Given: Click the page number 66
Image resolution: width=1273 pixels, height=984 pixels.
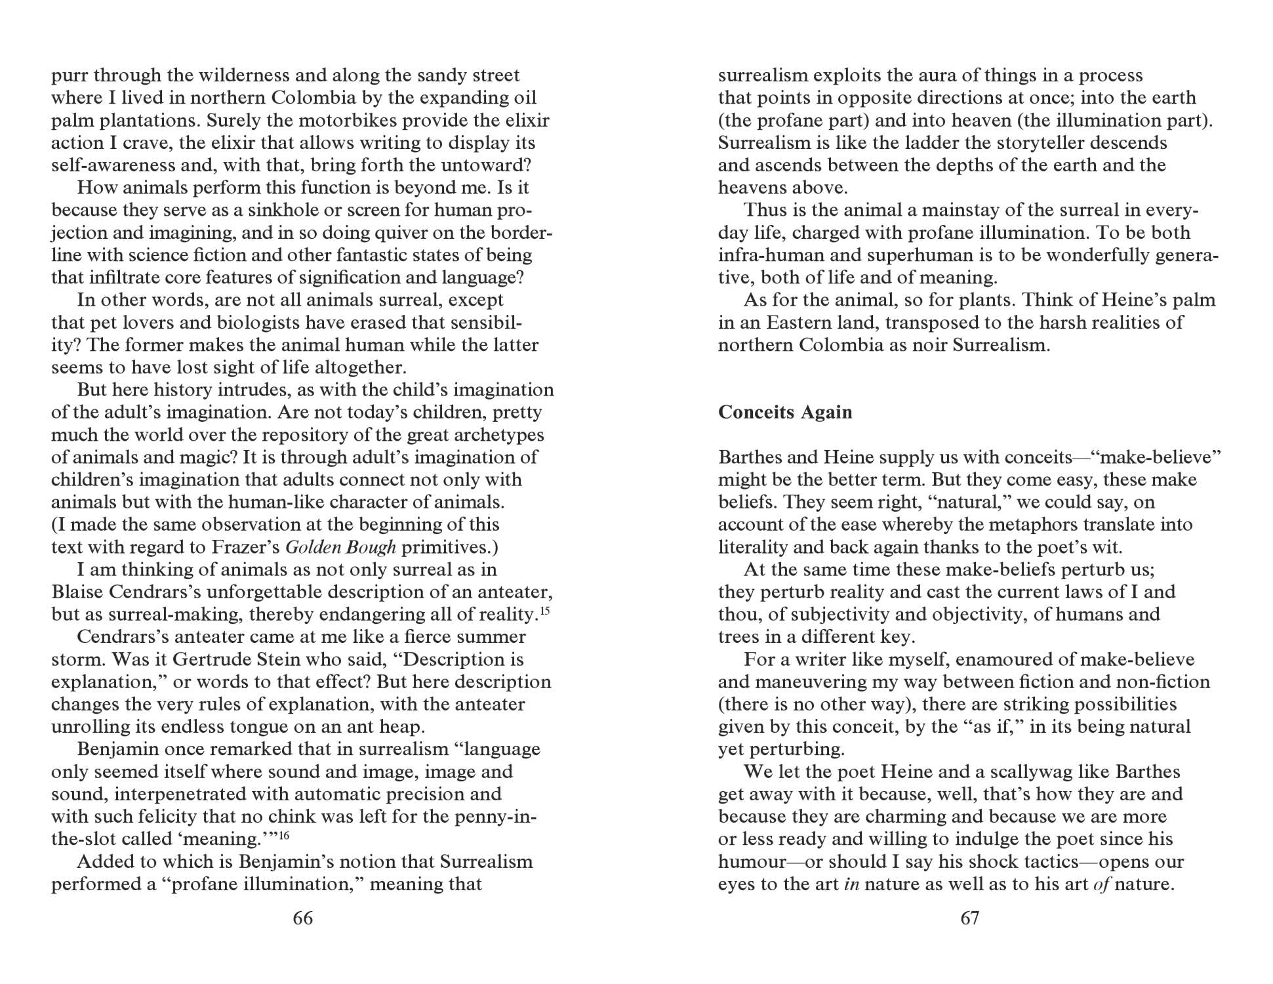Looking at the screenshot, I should (302, 918).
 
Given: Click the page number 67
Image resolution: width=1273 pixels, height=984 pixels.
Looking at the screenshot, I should (969, 918).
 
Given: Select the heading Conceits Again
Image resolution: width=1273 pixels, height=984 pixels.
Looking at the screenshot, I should (785, 412).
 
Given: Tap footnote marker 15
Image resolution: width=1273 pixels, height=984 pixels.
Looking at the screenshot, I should (544, 611).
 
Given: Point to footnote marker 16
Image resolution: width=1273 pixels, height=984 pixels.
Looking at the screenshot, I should (284, 835).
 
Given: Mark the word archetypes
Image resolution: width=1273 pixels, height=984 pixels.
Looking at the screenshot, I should (495, 435).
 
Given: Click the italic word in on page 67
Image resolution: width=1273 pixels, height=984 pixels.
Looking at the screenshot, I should (851, 884).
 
